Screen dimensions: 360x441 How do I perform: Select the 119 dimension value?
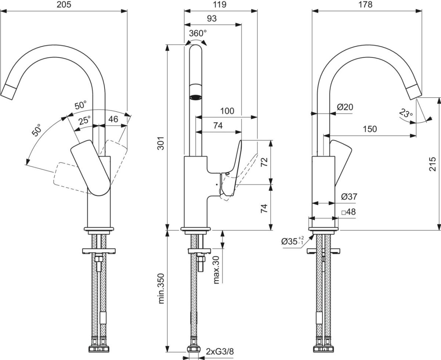(220, 5)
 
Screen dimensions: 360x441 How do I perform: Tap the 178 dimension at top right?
(366, 5)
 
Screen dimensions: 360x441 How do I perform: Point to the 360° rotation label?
(198, 33)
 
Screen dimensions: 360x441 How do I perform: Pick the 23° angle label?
(405, 114)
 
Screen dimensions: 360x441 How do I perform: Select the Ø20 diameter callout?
(345, 107)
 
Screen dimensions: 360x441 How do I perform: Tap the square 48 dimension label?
(348, 212)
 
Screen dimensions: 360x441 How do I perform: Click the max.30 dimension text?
(216, 270)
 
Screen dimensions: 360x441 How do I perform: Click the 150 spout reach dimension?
(370, 129)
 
